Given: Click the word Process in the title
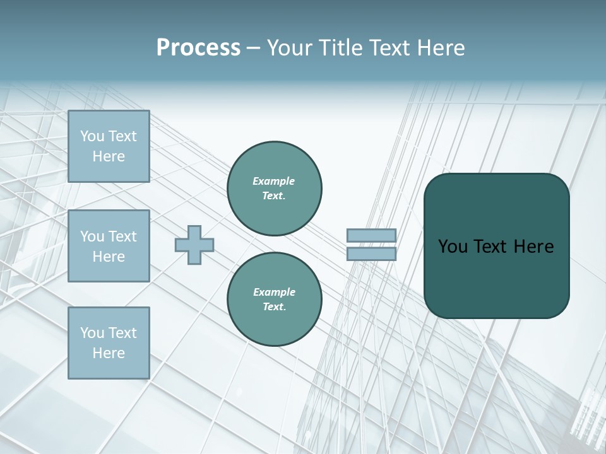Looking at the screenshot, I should pos(198,48).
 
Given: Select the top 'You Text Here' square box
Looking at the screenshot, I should pos(109,146).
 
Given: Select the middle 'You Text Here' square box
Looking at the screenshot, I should pos(109,246).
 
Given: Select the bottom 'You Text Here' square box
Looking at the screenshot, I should pos(109,343).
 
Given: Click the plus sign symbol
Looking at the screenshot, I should pos(194,245).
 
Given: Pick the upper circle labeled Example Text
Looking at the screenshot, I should pos(275,188).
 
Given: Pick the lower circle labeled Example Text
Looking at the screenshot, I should pos(275,299).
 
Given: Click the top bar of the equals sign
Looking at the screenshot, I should pos(371,236).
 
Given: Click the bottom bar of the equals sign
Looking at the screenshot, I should pos(371,253).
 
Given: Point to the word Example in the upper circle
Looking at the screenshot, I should pos(274,181).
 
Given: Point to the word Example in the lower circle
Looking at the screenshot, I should pos(274,292).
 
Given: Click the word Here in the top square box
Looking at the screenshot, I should pos(109,156).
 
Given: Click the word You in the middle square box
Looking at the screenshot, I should pos(92,236).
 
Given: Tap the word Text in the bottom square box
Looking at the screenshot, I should pos(122,333).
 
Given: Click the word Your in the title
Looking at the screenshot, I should pos(289,48).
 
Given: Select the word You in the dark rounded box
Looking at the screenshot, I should pos(452,247).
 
